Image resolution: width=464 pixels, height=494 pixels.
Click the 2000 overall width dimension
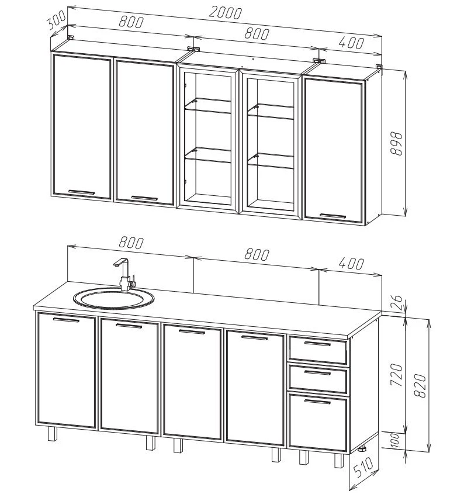225,13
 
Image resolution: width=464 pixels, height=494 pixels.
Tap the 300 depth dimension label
56,20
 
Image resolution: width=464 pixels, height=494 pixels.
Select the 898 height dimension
396,144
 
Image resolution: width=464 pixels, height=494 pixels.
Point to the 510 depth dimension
363,468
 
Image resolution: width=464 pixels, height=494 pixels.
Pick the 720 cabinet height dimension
396,375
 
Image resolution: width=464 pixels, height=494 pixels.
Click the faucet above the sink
126,274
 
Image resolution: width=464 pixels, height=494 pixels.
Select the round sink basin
114,298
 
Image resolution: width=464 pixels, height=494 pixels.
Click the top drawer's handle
317,343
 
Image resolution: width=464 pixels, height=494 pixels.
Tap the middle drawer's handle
317,373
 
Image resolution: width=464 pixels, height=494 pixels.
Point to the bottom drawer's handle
317,402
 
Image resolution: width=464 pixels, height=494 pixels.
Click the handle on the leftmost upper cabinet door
81,192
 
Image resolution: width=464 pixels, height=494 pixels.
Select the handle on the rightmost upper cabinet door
333,216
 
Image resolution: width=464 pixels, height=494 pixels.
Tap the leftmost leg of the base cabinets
53,434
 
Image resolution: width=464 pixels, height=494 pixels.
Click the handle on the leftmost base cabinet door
66,320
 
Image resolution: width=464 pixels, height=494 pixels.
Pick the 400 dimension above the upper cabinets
351,43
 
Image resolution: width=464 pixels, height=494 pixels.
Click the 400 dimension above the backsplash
351,264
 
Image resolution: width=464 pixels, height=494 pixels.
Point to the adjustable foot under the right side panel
364,448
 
